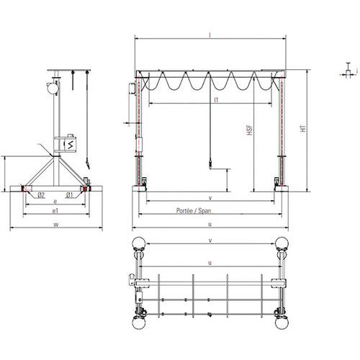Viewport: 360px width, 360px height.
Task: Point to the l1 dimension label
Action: click(x=216, y=102)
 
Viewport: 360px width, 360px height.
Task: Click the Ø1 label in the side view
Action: click(x=69, y=195)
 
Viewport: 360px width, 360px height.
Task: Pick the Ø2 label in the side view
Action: click(x=42, y=195)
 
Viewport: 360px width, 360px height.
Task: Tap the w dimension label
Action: click(x=55, y=225)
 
